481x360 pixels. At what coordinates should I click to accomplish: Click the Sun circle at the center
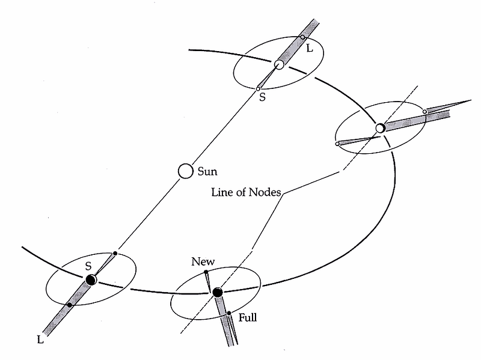click(x=185, y=171)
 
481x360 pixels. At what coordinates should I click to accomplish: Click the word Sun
click(x=207, y=171)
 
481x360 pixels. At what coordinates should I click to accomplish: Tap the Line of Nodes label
click(x=246, y=192)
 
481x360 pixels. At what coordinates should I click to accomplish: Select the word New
click(x=203, y=261)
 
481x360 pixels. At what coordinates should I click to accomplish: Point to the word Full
click(x=248, y=317)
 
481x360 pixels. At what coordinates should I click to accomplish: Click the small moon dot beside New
click(x=206, y=272)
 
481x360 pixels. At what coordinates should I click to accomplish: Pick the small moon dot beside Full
click(x=229, y=313)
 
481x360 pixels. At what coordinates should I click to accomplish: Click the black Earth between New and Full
click(x=218, y=293)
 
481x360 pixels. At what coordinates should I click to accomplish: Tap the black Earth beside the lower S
click(x=91, y=279)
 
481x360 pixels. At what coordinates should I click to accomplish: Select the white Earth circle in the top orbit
click(x=279, y=64)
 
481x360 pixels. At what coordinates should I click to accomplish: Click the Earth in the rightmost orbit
click(x=380, y=128)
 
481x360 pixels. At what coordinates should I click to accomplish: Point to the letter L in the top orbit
click(x=310, y=49)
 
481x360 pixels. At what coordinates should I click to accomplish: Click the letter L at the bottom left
click(x=40, y=340)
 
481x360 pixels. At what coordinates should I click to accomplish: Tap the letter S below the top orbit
click(x=262, y=97)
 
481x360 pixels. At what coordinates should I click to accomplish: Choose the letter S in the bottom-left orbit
click(x=88, y=266)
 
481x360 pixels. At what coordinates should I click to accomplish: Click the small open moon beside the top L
click(x=302, y=37)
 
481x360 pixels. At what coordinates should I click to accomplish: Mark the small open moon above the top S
click(x=258, y=89)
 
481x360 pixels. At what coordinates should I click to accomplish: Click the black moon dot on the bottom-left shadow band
click(x=70, y=305)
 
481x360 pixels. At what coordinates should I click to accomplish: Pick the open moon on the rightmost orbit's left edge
click(x=337, y=144)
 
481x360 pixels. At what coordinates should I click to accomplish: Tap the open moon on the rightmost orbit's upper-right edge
click(x=424, y=112)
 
